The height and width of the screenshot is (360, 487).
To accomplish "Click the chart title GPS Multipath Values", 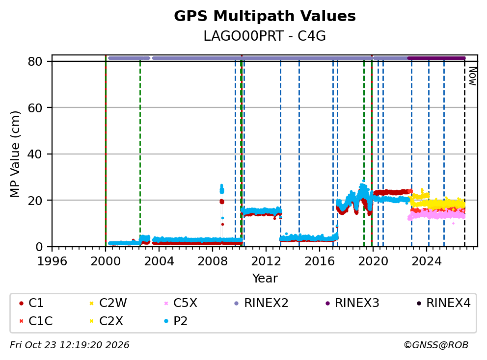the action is click(265, 16).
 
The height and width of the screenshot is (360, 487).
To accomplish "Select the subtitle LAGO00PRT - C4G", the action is click(265, 36).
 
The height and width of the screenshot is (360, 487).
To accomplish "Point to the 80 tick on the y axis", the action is click(35, 61).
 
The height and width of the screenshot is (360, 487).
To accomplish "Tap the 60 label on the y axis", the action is click(35, 108).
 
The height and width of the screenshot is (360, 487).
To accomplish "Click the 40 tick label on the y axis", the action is click(35, 154).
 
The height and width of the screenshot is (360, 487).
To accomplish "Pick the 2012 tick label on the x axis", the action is click(266, 261).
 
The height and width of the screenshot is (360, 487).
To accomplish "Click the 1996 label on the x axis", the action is click(52, 261).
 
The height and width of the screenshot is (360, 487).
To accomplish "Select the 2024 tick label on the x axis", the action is click(427, 261).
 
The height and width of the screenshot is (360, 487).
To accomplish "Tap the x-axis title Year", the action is click(265, 279).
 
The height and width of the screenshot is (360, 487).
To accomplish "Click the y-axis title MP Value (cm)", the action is click(15, 154).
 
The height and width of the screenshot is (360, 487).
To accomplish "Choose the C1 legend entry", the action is click(31, 303).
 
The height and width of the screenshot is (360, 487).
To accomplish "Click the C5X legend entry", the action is click(181, 303).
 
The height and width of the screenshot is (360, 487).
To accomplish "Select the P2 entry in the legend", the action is click(176, 321).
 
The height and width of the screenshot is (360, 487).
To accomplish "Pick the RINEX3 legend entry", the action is click(352, 303).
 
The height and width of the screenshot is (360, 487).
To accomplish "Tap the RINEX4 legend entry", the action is click(443, 303).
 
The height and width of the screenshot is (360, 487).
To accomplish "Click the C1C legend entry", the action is click(36, 321).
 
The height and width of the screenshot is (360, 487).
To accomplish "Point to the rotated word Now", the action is click(472, 77).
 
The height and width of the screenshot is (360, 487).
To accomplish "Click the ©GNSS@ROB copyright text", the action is click(436, 345).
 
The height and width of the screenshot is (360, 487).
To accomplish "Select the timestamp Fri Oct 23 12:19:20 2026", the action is click(70, 345).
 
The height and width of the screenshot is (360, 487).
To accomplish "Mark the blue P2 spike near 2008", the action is click(222, 189).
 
